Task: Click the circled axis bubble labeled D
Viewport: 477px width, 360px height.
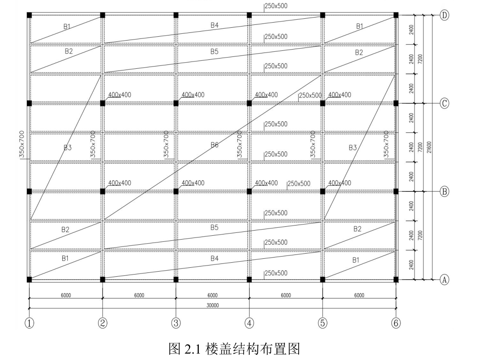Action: pos(445,15)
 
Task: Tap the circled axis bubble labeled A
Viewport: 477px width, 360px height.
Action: pos(445,280)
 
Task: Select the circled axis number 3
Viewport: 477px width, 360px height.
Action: pos(176,323)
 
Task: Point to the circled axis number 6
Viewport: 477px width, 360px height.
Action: pos(396,323)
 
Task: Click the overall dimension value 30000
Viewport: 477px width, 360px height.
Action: pos(212,305)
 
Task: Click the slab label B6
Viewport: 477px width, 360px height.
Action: pos(214,145)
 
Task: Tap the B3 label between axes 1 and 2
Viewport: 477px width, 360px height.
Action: pos(67,148)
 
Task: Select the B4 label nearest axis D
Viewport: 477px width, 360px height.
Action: pos(214,26)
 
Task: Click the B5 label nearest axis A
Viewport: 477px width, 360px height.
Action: pos(214,227)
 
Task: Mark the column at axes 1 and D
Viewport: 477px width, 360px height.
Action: pos(29,15)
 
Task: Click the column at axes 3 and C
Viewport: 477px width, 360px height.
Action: pos(176,103)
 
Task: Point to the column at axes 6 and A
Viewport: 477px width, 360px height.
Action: pos(396,279)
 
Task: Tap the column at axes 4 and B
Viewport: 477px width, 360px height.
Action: pos(249,191)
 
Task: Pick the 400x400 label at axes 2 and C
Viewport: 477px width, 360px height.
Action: pos(119,95)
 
